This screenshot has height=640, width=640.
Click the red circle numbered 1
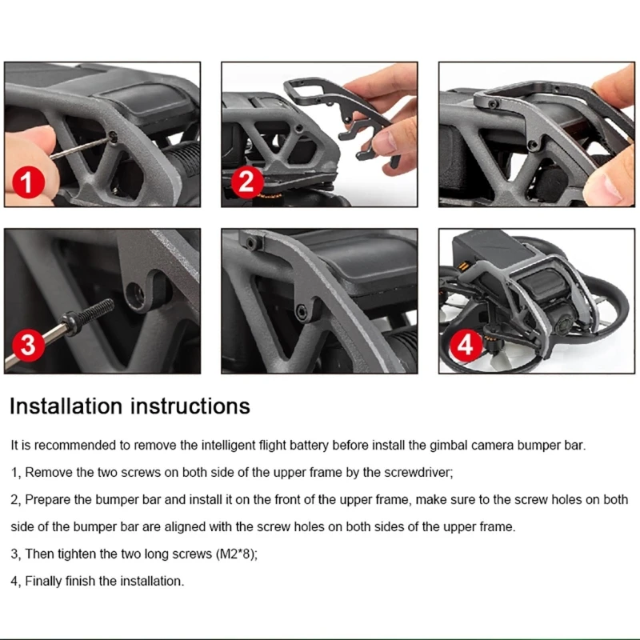[29, 182]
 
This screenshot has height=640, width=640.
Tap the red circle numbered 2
[247, 182]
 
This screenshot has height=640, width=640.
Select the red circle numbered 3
[29, 345]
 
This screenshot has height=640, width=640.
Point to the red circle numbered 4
[466, 345]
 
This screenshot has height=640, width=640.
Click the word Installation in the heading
[66, 406]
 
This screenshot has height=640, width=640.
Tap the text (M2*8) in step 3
[236, 554]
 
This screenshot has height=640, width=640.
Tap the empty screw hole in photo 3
[135, 293]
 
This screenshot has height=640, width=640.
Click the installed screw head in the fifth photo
[302, 311]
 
